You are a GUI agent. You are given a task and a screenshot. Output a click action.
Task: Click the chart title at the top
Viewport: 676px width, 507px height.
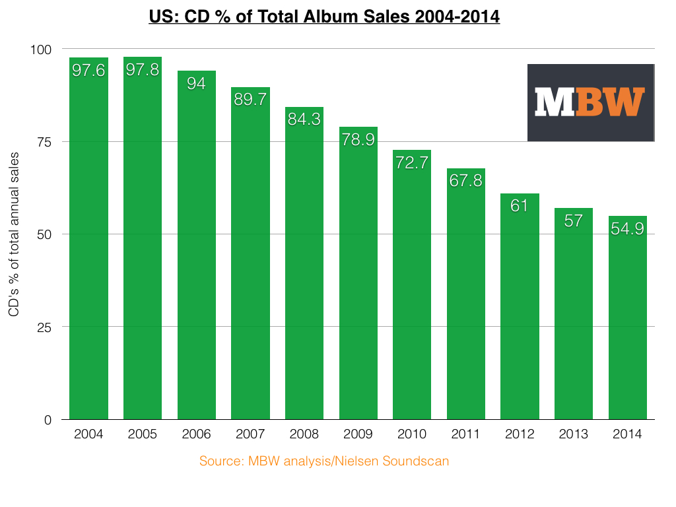pos(323,15)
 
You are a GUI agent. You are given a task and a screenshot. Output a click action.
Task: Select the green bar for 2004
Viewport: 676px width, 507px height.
pos(88,251)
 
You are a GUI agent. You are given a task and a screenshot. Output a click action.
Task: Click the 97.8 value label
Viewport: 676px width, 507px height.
pos(143,70)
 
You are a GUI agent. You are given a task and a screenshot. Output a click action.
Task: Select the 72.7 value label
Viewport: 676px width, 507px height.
pos(412,162)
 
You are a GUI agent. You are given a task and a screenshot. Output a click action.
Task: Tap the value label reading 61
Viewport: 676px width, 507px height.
pos(520,205)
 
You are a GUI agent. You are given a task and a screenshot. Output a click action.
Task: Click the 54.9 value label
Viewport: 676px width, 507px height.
pos(628,228)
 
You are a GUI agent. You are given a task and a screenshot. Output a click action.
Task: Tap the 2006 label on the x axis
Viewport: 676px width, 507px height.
pos(196,434)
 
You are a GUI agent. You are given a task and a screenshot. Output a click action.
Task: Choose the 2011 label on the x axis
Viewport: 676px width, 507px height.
pos(466,434)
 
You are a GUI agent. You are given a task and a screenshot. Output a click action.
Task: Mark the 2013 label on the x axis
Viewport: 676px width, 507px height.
pos(574,434)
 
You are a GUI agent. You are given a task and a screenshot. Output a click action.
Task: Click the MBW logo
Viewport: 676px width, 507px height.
pos(590,102)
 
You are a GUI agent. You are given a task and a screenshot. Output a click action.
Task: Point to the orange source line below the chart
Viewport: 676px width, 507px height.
pos(324,461)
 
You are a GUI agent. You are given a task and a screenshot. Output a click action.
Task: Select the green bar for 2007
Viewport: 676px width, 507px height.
pos(250,264)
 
